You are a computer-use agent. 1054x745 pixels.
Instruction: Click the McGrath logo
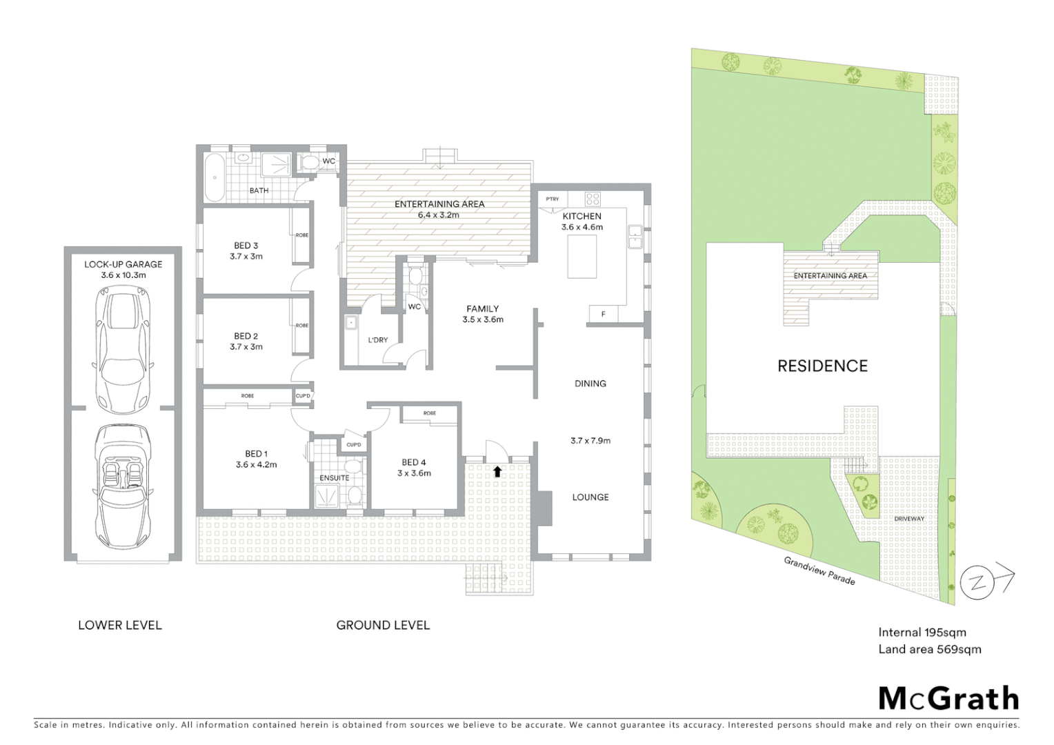click(948, 698)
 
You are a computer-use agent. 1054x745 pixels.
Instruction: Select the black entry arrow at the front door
click(497, 472)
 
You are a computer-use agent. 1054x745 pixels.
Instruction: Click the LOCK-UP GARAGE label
click(123, 264)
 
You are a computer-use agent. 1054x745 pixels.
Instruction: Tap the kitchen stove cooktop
click(592, 199)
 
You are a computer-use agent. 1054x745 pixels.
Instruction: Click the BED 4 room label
click(414, 462)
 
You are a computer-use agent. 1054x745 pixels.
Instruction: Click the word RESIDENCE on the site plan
click(822, 366)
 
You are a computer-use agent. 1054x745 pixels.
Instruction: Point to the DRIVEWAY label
click(908, 519)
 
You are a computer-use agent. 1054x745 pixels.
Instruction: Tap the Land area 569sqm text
click(929, 649)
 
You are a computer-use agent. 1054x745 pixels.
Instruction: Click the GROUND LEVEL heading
click(383, 626)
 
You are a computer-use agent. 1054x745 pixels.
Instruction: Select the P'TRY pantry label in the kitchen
click(553, 199)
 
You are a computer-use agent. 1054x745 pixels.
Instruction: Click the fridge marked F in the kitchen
click(604, 314)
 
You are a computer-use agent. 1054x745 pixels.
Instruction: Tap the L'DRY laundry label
click(377, 340)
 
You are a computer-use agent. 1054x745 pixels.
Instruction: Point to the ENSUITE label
click(334, 477)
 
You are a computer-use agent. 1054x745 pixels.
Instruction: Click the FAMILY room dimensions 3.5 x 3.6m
click(483, 320)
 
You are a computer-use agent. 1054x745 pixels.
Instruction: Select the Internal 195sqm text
click(922, 633)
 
